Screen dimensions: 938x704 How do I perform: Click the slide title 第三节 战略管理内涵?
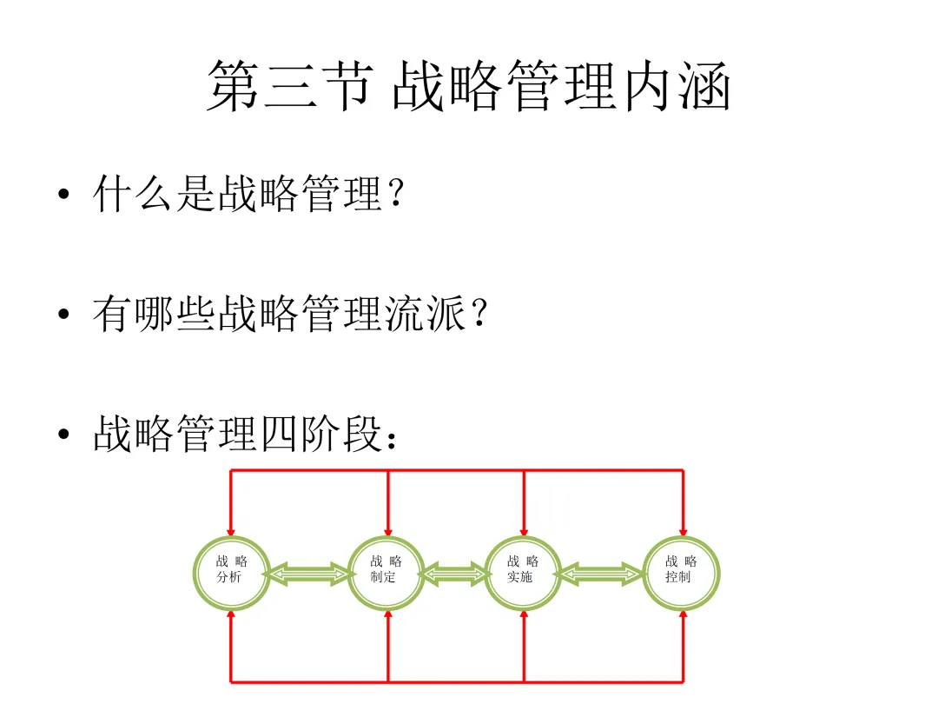pyautogui.click(x=468, y=86)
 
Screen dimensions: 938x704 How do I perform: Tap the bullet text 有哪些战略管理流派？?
pyautogui.click(x=290, y=315)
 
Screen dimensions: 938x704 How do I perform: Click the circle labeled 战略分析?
pyautogui.click(x=231, y=573)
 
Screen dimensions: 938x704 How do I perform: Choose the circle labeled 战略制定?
pyautogui.click(x=386, y=573)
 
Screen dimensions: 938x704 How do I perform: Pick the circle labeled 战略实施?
pyautogui.click(x=523, y=573)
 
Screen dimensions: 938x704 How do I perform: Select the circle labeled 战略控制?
pyautogui.click(x=682, y=573)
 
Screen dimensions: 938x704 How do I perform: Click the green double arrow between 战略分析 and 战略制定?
pyautogui.click(x=309, y=574)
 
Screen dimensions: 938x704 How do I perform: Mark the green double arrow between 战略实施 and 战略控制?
pyautogui.click(x=602, y=574)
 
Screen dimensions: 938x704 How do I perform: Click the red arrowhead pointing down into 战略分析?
pyautogui.click(x=231, y=529)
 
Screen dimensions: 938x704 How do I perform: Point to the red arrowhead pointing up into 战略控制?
pyautogui.click(x=683, y=616)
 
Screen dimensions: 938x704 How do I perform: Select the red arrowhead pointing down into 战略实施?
pyautogui.click(x=524, y=529)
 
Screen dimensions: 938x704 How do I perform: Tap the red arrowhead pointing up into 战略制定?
pyautogui.click(x=387, y=616)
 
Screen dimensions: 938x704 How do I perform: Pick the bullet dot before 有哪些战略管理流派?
pyautogui.click(x=63, y=316)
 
